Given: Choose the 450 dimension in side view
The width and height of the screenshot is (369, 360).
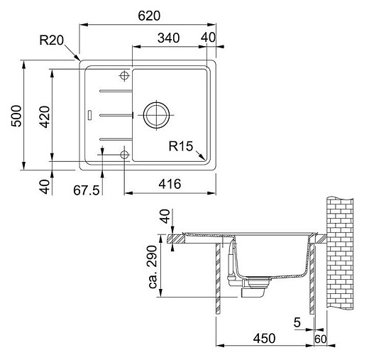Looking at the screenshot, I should pos(263,339).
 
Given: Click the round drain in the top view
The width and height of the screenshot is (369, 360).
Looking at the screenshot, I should pos(155,114).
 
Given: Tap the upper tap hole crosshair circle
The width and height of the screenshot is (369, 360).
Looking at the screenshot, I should pos(125,75).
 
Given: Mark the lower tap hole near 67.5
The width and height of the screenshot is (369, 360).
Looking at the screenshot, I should pos(125,153).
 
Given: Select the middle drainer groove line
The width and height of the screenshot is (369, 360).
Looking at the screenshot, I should pos(114,114).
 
